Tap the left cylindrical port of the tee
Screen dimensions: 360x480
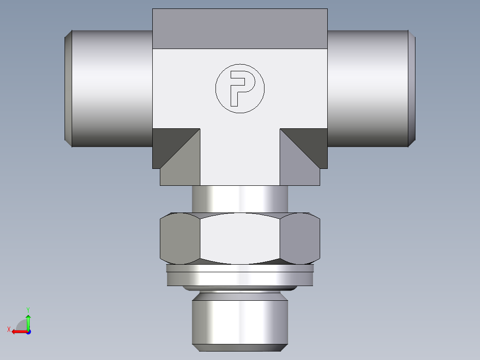111,88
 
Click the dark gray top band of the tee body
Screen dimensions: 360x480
240,29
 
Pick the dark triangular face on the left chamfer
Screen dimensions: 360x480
169,143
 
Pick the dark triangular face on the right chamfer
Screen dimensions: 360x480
310,143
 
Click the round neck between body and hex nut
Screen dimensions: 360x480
240,198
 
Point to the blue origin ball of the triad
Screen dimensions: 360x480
28,332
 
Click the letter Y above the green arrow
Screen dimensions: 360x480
28,309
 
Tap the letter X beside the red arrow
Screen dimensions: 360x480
8,329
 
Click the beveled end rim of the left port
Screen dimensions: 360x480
68,88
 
